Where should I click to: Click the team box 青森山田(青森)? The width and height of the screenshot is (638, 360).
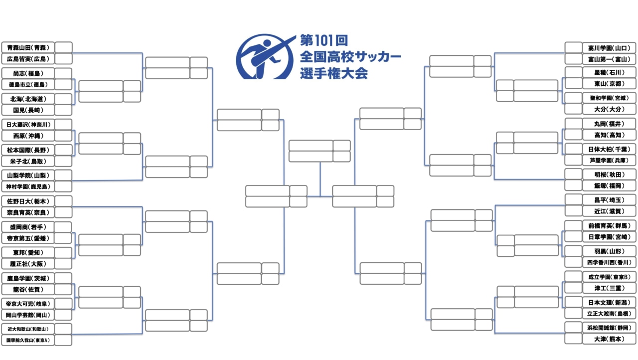point(28,47)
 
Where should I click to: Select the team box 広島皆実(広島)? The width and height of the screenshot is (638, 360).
point(28,59)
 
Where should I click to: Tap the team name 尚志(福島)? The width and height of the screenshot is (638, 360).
point(28,73)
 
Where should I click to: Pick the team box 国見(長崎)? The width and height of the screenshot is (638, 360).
point(28,110)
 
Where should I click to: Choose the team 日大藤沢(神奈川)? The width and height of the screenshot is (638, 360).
point(28,124)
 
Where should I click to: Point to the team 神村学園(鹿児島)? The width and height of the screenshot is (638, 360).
point(28,186)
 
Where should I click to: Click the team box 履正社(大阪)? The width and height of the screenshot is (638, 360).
point(28,263)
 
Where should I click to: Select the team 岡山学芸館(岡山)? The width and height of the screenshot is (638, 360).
point(28,315)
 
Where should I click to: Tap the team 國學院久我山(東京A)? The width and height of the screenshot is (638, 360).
point(28,340)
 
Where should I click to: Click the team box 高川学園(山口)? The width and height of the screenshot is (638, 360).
point(609,48)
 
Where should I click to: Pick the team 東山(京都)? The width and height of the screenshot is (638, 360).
point(609,84)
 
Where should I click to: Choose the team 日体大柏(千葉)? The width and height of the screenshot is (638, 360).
point(609,149)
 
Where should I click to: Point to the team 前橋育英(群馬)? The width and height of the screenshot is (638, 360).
point(609,225)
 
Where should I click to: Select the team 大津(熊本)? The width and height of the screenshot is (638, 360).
point(609,339)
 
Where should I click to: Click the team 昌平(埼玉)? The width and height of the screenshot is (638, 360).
point(609,199)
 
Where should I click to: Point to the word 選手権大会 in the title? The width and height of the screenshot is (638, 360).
point(334,73)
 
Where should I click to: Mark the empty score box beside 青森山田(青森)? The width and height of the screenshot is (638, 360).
point(63,47)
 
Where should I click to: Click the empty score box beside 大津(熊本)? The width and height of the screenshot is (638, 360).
point(573,339)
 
